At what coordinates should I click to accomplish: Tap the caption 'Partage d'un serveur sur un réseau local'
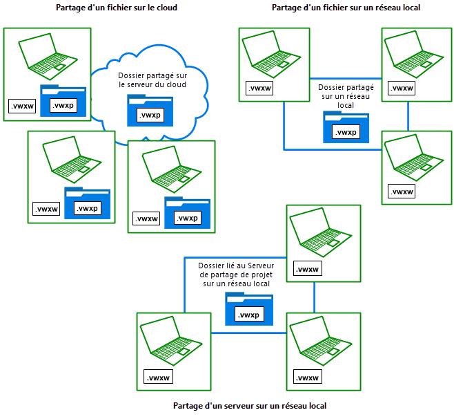click(x=249, y=406)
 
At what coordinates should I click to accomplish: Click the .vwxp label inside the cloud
click(x=150, y=115)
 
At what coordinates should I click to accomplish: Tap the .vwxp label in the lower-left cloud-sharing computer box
click(x=87, y=208)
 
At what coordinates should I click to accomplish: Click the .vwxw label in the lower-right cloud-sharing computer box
click(x=146, y=219)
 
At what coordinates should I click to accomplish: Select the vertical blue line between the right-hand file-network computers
click(x=408, y=115)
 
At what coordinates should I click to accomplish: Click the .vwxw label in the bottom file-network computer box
click(x=401, y=192)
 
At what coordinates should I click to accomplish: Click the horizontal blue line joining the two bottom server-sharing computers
click(x=248, y=333)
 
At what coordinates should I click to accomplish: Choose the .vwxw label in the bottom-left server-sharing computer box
click(x=159, y=377)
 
